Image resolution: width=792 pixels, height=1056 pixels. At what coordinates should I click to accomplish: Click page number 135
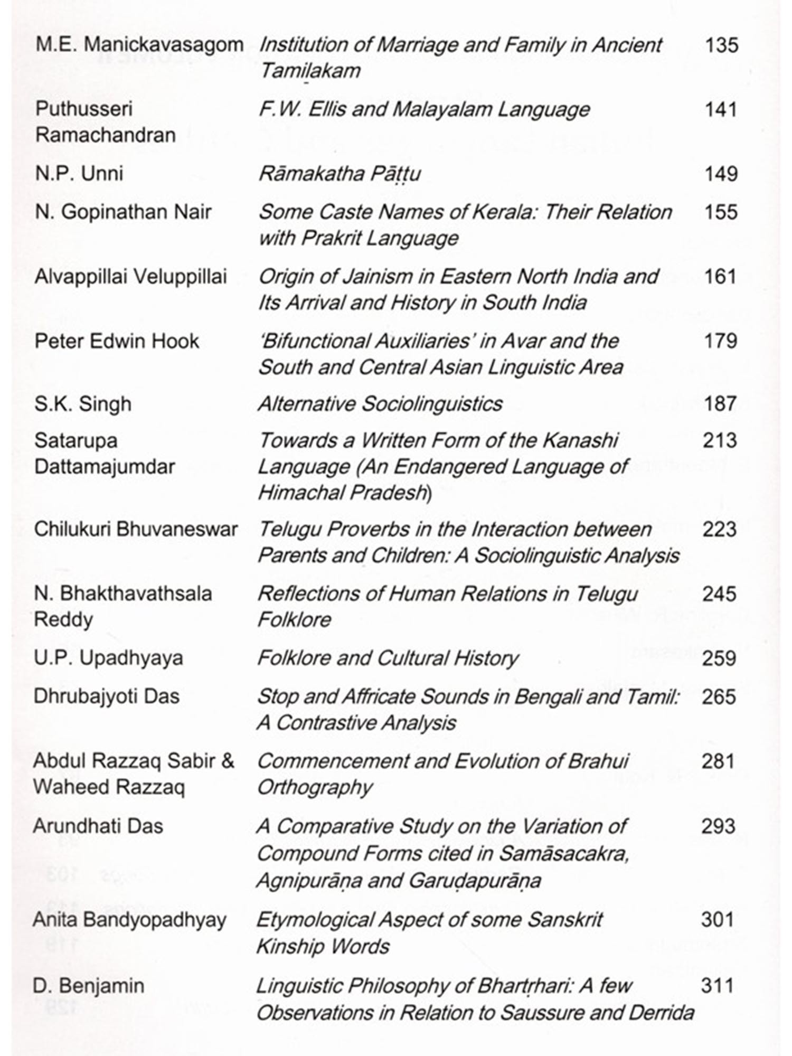click(721, 45)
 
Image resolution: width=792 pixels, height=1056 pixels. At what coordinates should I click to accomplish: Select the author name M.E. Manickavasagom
click(139, 45)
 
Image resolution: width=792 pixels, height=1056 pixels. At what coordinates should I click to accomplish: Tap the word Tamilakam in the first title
click(310, 71)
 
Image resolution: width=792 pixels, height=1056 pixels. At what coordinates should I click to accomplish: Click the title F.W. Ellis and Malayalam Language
click(424, 110)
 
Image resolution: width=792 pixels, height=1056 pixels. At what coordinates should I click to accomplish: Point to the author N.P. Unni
click(79, 174)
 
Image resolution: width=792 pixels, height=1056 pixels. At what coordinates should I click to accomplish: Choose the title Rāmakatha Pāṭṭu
click(340, 174)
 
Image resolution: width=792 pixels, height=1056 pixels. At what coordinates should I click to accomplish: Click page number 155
click(721, 212)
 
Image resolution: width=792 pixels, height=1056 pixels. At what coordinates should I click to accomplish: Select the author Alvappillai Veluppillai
click(130, 277)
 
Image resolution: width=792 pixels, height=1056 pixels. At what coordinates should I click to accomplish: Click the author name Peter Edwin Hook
click(117, 341)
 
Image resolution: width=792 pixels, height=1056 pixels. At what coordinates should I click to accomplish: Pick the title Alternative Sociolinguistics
click(380, 404)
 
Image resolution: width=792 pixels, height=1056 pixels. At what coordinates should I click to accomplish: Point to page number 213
click(719, 441)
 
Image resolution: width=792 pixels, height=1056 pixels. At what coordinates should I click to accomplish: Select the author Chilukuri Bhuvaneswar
click(136, 529)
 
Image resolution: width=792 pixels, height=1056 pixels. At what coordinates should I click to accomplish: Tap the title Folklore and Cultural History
click(388, 658)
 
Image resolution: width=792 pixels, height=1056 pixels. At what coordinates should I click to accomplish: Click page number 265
click(719, 697)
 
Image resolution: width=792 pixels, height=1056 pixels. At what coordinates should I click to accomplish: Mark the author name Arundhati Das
click(98, 826)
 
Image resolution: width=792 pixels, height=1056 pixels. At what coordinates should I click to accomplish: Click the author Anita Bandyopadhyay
click(129, 920)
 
